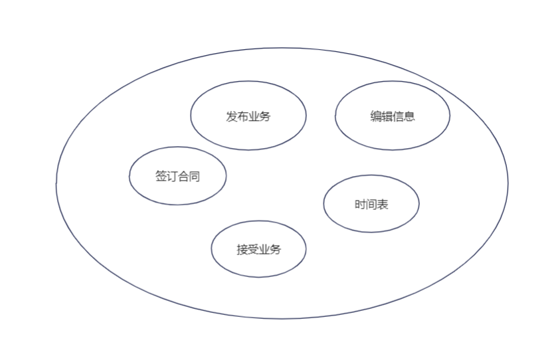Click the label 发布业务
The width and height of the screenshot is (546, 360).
click(x=248, y=116)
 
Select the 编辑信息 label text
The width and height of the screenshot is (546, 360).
click(x=393, y=116)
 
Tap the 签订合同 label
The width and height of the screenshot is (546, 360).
click(x=177, y=177)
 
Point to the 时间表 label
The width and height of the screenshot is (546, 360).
click(x=371, y=205)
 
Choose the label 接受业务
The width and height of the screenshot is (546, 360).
click(x=259, y=250)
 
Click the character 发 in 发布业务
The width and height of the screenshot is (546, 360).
click(x=232, y=116)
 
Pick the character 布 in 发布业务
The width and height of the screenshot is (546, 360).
click(x=243, y=116)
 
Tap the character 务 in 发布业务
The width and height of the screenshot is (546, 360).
click(x=266, y=116)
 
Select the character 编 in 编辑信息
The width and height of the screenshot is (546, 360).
click(x=376, y=116)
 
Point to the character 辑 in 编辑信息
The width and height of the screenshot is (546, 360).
click(x=387, y=116)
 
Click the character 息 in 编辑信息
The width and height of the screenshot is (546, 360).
click(x=410, y=116)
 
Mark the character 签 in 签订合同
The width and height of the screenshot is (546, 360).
click(x=161, y=177)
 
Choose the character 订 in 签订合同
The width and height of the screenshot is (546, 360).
click(x=172, y=177)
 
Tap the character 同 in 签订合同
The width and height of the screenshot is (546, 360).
click(x=195, y=177)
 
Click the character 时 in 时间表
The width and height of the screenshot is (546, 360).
click(x=360, y=205)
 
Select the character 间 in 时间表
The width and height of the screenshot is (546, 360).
click(x=371, y=205)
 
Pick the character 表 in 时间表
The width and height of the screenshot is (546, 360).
click(x=383, y=205)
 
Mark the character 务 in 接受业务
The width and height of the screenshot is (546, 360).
click(x=276, y=250)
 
